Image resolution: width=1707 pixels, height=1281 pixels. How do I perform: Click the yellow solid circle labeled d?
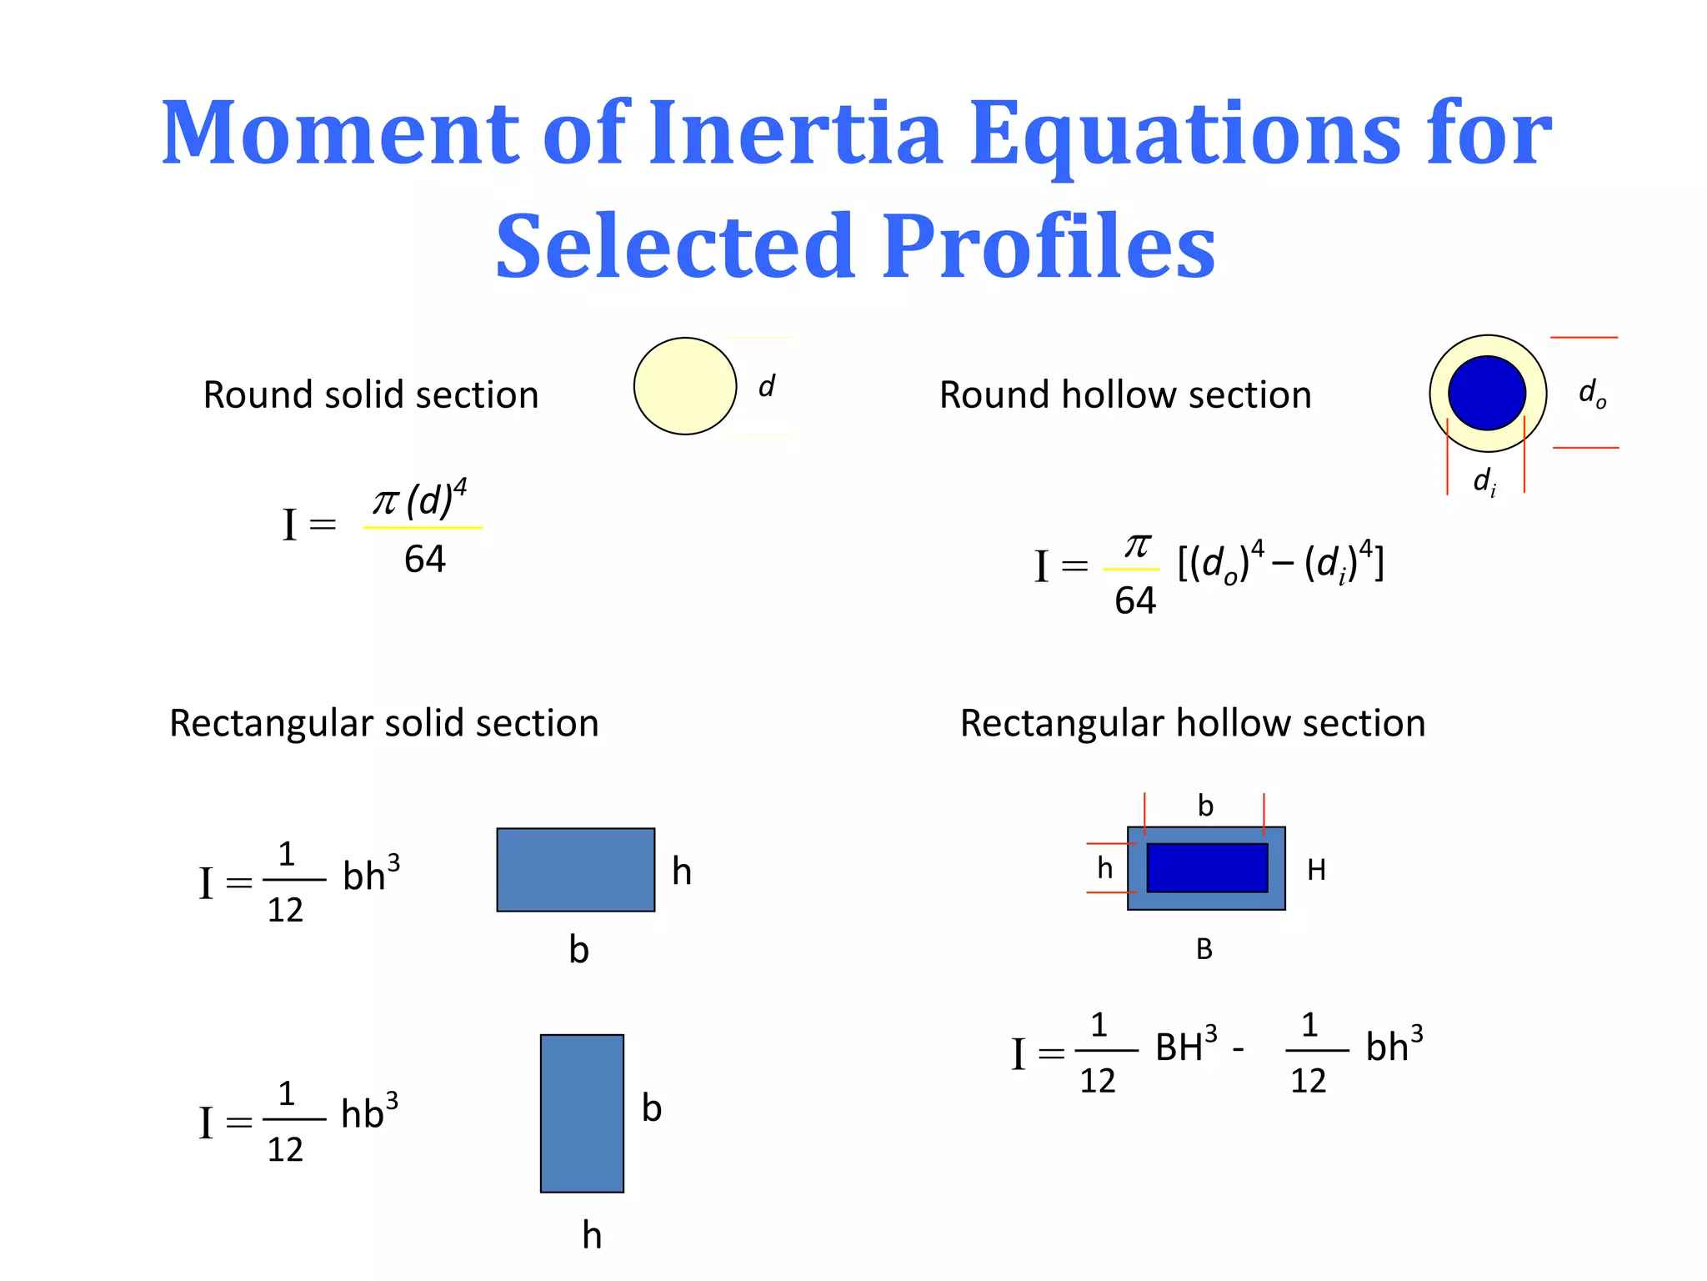point(684,386)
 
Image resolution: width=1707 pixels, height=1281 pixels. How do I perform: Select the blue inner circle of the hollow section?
point(1487,393)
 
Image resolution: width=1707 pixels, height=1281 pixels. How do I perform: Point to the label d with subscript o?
point(1591,393)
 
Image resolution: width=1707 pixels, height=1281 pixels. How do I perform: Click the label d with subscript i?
point(1484,482)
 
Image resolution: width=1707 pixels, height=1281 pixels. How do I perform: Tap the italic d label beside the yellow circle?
point(766,386)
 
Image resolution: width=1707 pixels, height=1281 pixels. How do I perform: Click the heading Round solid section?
point(371,394)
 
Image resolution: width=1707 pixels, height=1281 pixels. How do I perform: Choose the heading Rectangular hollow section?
point(1192,723)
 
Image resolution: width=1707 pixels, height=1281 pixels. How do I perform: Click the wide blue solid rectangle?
point(575,870)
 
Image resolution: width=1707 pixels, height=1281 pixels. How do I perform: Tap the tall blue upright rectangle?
point(582,1113)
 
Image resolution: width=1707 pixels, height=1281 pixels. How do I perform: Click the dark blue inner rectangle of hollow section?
point(1207,867)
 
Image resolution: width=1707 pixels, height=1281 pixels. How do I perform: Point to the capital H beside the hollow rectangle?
point(1316,871)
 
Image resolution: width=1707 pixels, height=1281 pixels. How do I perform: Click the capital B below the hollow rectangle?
point(1204,949)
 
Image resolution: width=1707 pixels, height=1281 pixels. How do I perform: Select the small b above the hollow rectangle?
point(1205,806)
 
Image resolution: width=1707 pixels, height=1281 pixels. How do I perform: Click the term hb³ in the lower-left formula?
point(369,1113)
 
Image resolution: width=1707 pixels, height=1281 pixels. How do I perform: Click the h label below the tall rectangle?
point(592,1235)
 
